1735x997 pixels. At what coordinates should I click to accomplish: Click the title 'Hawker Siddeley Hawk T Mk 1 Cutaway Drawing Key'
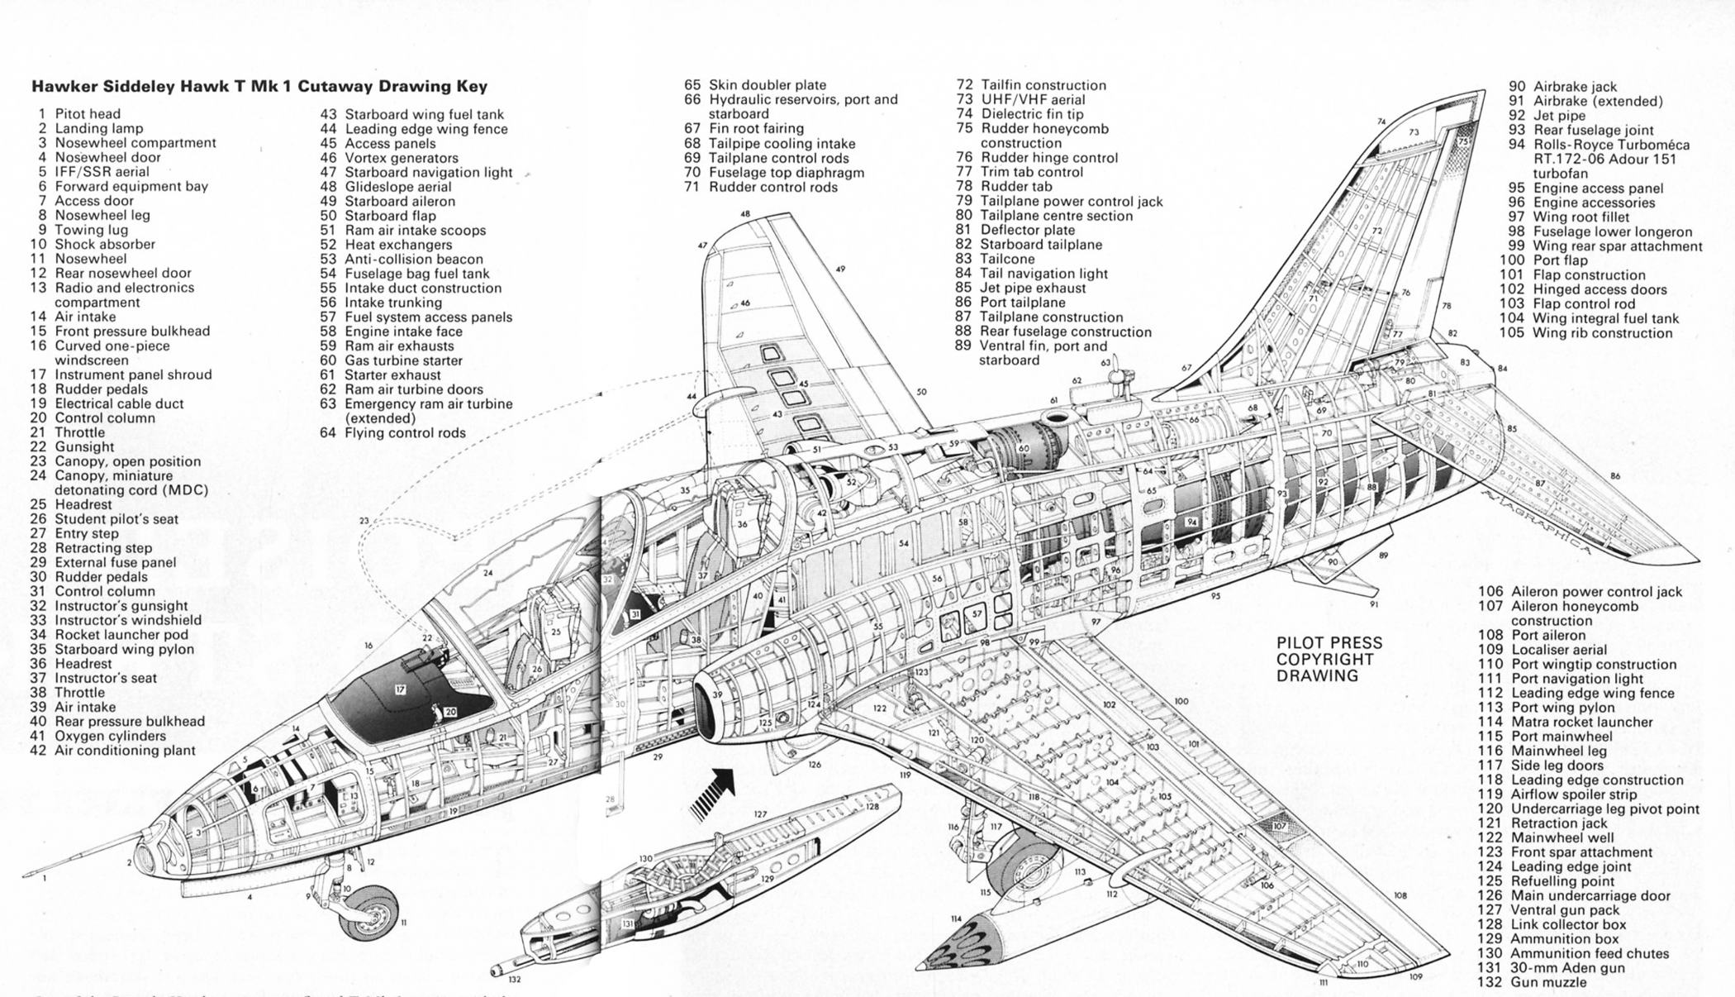(259, 86)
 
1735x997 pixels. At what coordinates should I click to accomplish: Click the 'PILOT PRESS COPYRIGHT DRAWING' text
(1329, 659)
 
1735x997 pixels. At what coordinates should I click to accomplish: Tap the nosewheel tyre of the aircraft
(369, 913)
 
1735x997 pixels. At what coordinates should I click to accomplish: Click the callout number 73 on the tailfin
(1414, 132)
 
